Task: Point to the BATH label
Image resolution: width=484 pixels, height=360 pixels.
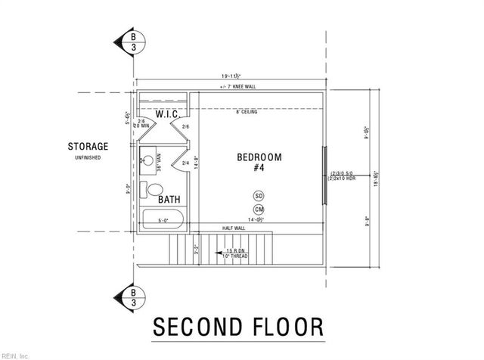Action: point(169,200)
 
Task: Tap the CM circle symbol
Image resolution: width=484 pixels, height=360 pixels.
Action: point(259,209)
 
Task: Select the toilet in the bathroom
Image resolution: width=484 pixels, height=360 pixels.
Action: point(155,189)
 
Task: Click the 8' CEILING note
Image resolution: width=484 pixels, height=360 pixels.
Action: point(247,112)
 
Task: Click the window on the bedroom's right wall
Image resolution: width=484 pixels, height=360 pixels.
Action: point(324,175)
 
